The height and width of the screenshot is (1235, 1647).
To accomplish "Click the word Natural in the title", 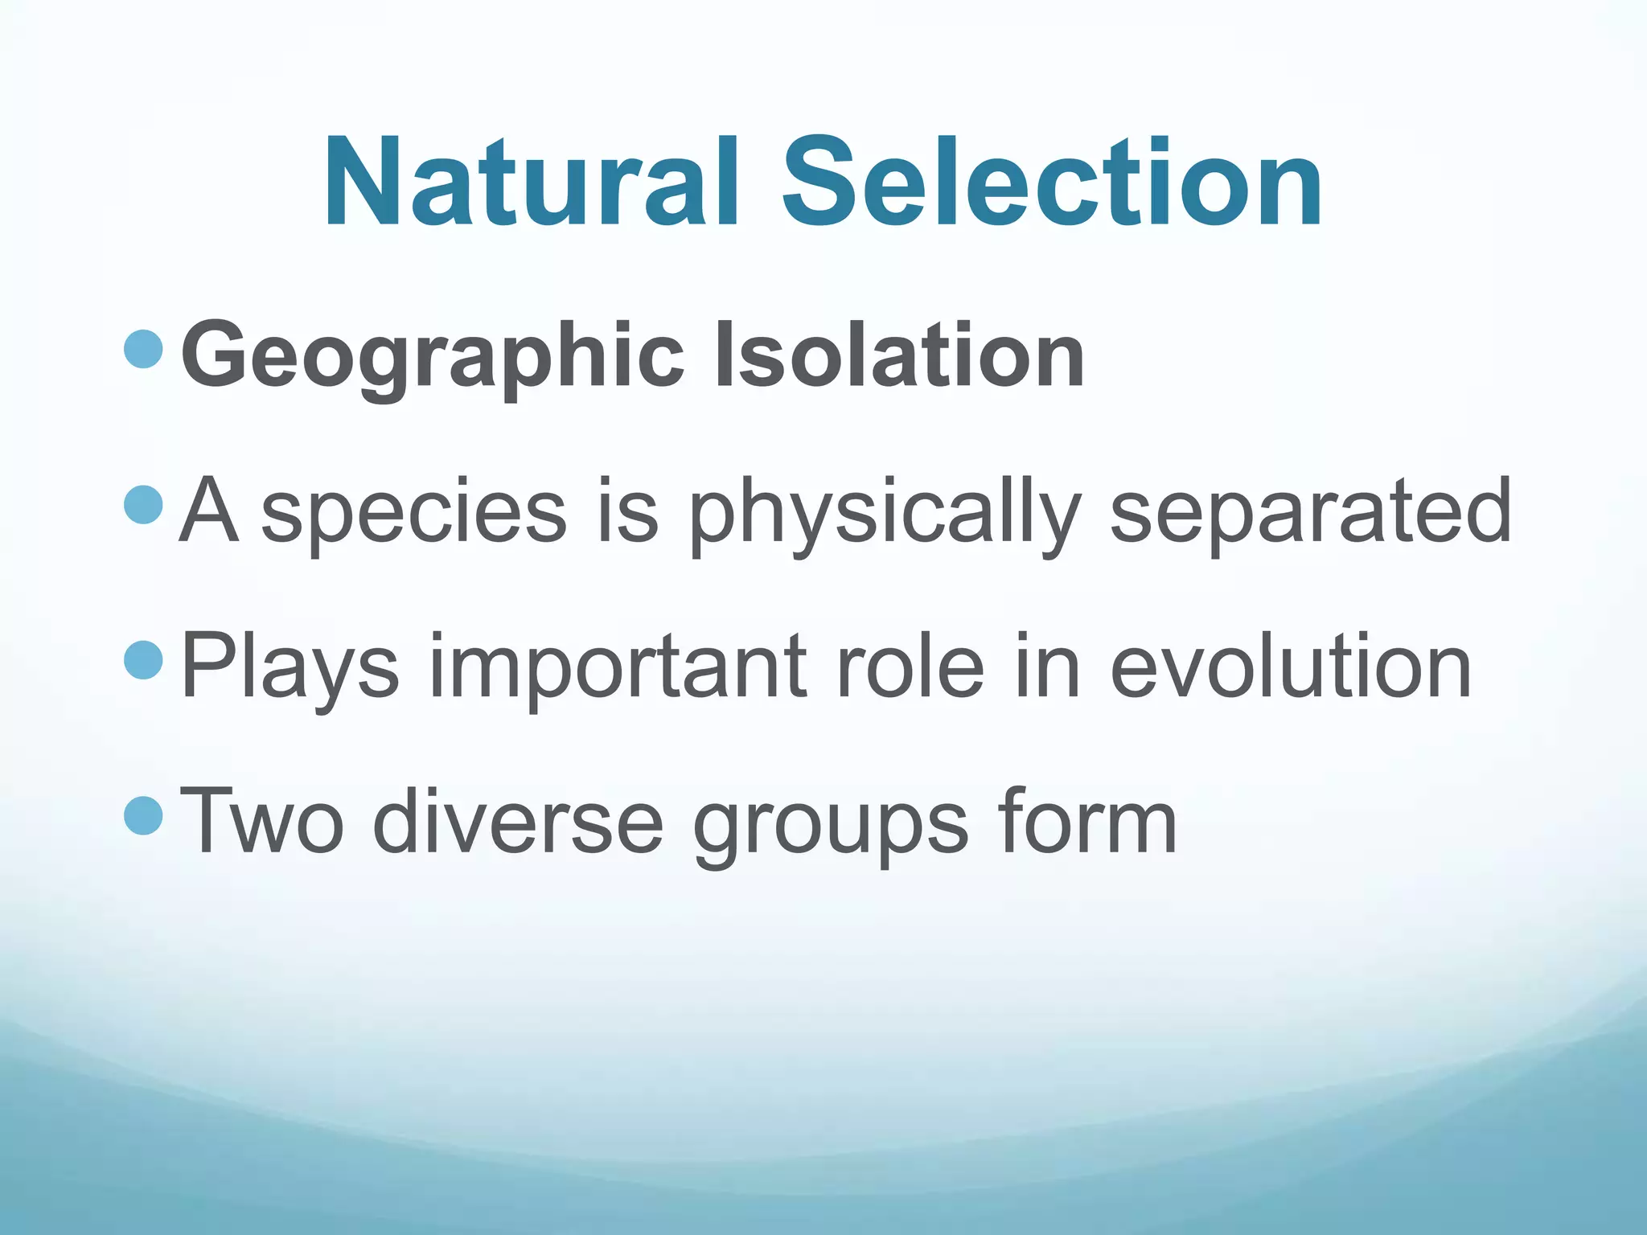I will point(531,183).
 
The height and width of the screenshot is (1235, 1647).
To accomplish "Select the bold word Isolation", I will point(899,354).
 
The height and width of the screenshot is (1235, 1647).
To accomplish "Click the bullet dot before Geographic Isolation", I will point(145,349).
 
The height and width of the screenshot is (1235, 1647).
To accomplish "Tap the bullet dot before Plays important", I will point(145,660).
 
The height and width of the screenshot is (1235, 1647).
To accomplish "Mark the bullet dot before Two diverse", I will point(145,815).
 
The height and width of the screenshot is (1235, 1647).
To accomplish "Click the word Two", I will point(262,820).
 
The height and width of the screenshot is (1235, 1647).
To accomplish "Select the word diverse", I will point(518,820).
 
